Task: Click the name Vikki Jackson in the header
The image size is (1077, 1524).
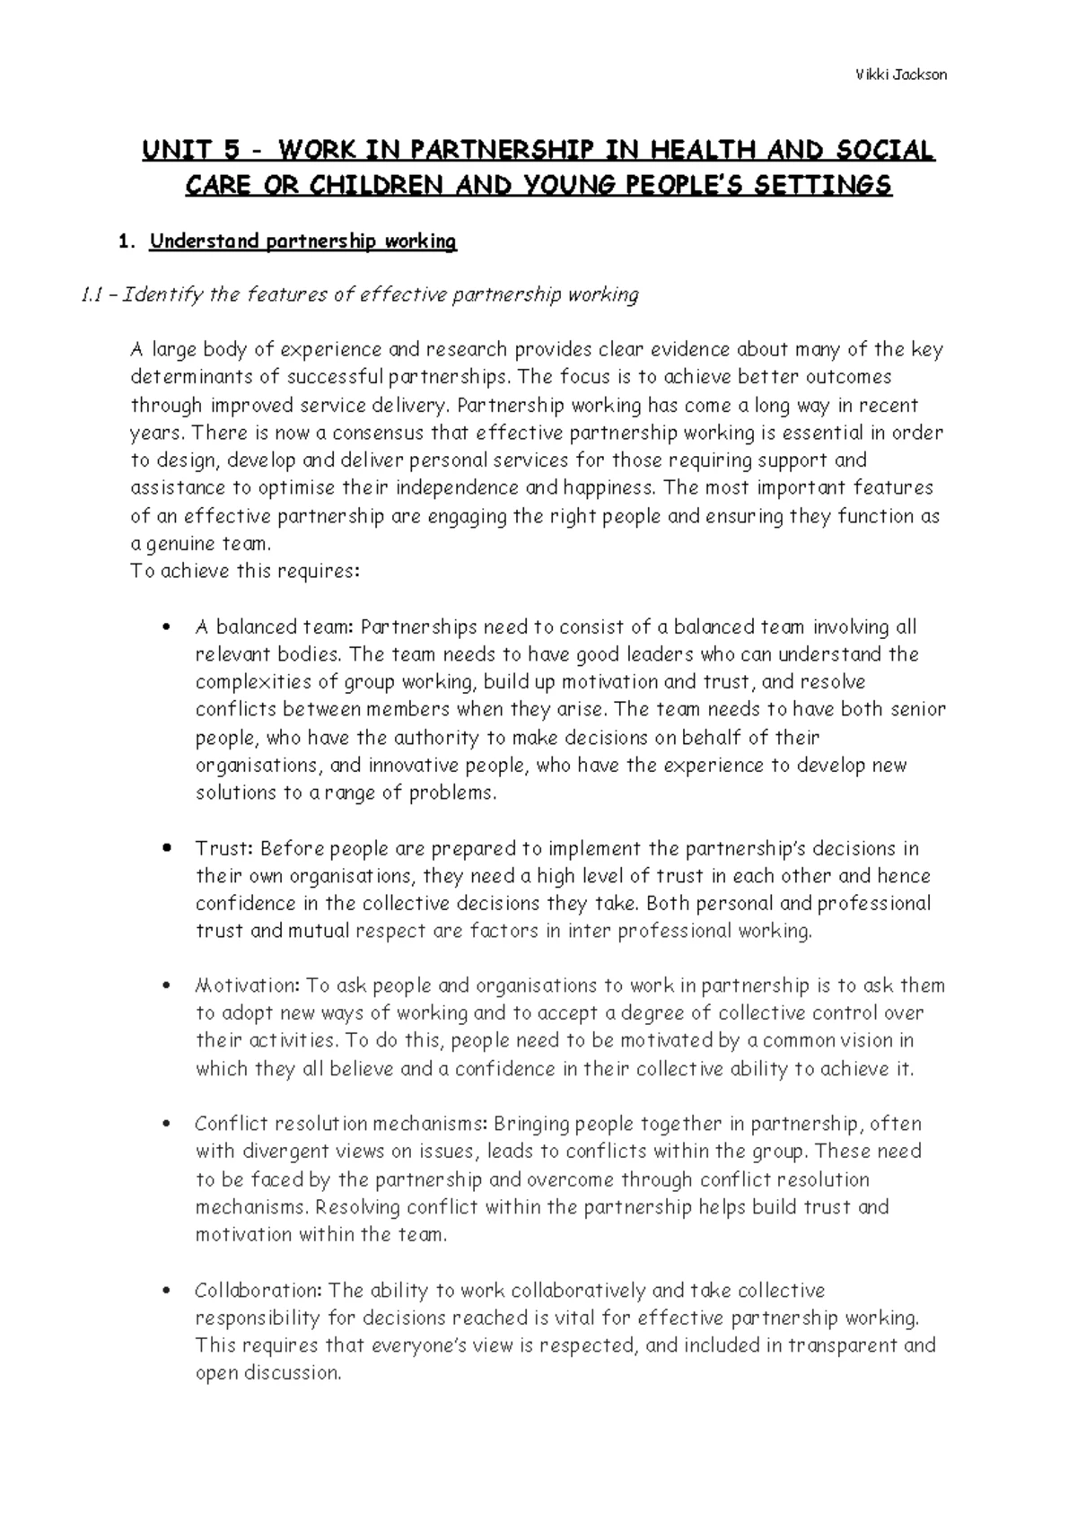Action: [x=900, y=74]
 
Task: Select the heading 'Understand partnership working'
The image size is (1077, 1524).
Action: [x=302, y=241]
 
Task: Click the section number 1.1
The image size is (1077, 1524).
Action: [x=93, y=295]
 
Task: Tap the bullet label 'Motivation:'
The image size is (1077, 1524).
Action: [x=246, y=986]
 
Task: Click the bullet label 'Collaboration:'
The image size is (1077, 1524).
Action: [x=258, y=1292]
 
